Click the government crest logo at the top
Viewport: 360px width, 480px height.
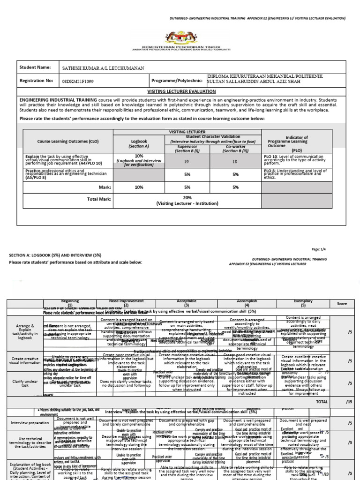180,37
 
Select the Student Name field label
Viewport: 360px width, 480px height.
35,67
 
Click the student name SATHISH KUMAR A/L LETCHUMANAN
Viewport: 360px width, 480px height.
103,68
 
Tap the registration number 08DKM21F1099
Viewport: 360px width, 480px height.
78,81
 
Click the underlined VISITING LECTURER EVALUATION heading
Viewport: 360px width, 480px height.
181,91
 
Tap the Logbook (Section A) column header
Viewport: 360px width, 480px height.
139,143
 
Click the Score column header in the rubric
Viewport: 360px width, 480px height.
342,304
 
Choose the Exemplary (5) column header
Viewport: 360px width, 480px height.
303,303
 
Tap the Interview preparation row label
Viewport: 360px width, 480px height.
29,422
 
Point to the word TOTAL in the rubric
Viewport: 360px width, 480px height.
322,402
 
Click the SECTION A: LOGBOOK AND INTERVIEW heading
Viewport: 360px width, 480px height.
55,255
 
